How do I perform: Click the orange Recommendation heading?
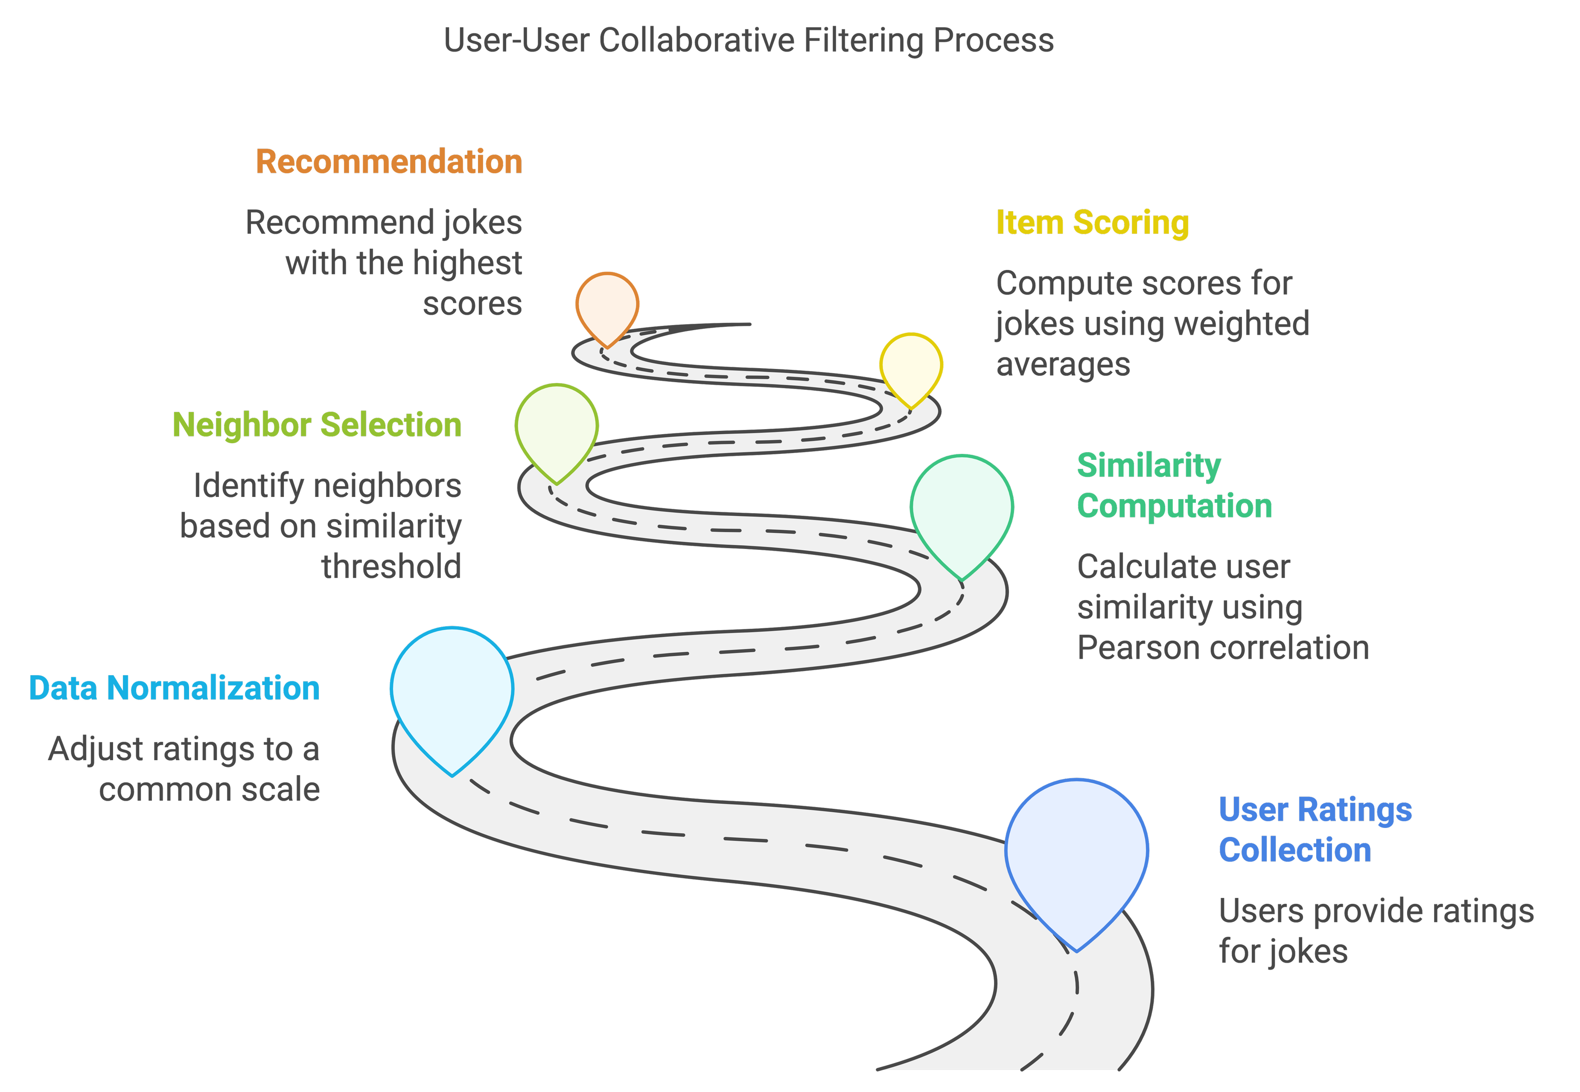[x=389, y=162]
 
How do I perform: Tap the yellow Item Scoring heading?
[x=1092, y=223]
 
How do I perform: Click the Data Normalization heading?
[x=174, y=688]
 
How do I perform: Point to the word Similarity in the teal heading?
[x=1148, y=466]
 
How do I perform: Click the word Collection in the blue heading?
[x=1294, y=851]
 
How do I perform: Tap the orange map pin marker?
[x=607, y=305]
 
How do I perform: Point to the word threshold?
[x=391, y=567]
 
